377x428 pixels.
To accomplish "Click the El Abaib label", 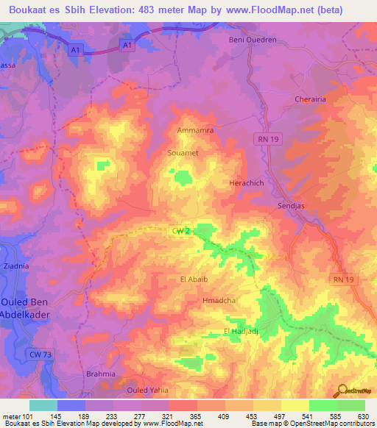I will tap(194, 279).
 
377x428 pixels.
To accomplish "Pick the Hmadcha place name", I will tap(219, 302).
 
